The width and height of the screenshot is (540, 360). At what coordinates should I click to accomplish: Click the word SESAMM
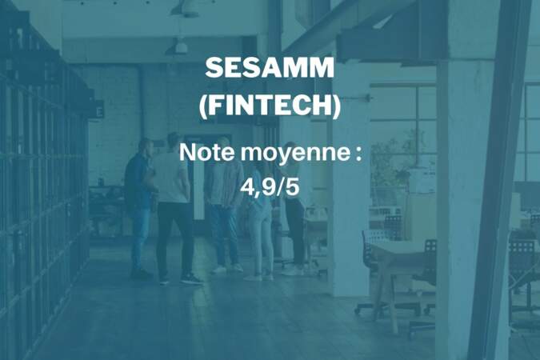[270, 67]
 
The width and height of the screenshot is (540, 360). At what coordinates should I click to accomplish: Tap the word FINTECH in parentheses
[270, 105]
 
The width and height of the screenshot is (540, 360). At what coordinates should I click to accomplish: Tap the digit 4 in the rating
[248, 187]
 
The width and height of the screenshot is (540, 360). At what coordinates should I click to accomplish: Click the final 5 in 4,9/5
[292, 187]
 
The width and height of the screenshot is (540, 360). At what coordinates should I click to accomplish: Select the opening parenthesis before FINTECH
[203, 106]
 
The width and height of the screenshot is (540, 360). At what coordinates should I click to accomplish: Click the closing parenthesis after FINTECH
[336, 106]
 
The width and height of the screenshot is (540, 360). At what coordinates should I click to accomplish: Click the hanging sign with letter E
[99, 110]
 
